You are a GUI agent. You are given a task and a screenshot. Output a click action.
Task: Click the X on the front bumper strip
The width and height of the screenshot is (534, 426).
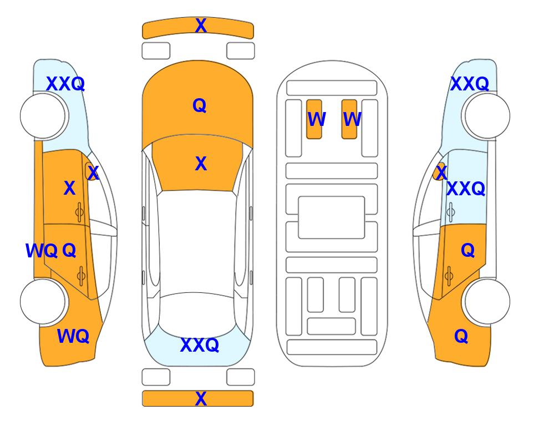(x=201, y=26)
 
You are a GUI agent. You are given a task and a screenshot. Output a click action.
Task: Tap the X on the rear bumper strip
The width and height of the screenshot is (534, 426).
(x=201, y=398)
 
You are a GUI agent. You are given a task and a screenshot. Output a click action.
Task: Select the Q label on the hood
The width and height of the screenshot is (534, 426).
(x=200, y=105)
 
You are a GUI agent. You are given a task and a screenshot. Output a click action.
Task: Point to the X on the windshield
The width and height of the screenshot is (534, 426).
(x=201, y=164)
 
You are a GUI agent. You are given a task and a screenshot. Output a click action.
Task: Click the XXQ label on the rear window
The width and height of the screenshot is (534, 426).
(x=200, y=345)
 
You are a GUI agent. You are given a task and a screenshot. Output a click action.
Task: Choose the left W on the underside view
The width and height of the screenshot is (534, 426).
(x=317, y=119)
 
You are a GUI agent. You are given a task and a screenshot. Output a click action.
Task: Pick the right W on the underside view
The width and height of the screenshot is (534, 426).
(x=352, y=119)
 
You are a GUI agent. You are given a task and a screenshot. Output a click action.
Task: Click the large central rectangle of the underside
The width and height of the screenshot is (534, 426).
(x=332, y=217)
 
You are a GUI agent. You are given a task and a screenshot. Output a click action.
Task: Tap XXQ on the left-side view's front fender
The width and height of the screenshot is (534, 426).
(x=65, y=84)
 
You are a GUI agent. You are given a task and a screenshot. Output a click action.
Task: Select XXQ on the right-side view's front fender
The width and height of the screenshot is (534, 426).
(x=470, y=84)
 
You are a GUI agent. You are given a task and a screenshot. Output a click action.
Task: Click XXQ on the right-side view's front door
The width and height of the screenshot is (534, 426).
(x=466, y=189)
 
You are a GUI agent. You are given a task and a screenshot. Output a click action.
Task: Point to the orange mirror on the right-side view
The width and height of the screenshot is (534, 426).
(x=439, y=171)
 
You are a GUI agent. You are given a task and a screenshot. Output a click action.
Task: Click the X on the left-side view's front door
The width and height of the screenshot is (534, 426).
(x=69, y=188)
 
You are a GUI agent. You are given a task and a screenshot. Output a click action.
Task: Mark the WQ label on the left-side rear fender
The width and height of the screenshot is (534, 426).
(x=73, y=336)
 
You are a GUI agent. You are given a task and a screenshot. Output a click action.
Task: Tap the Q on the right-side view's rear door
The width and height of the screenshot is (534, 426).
(x=468, y=251)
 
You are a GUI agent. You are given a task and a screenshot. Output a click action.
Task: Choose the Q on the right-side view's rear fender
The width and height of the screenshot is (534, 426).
(x=461, y=336)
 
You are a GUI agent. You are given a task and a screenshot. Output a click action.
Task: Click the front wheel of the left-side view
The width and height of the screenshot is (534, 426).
(x=43, y=116)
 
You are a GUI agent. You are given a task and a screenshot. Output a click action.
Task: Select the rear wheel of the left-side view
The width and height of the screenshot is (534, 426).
(x=43, y=301)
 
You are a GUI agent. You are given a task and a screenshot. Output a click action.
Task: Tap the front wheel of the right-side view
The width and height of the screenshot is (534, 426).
(x=487, y=116)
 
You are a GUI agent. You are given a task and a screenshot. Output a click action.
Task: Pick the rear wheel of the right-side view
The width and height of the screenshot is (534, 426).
(x=487, y=301)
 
